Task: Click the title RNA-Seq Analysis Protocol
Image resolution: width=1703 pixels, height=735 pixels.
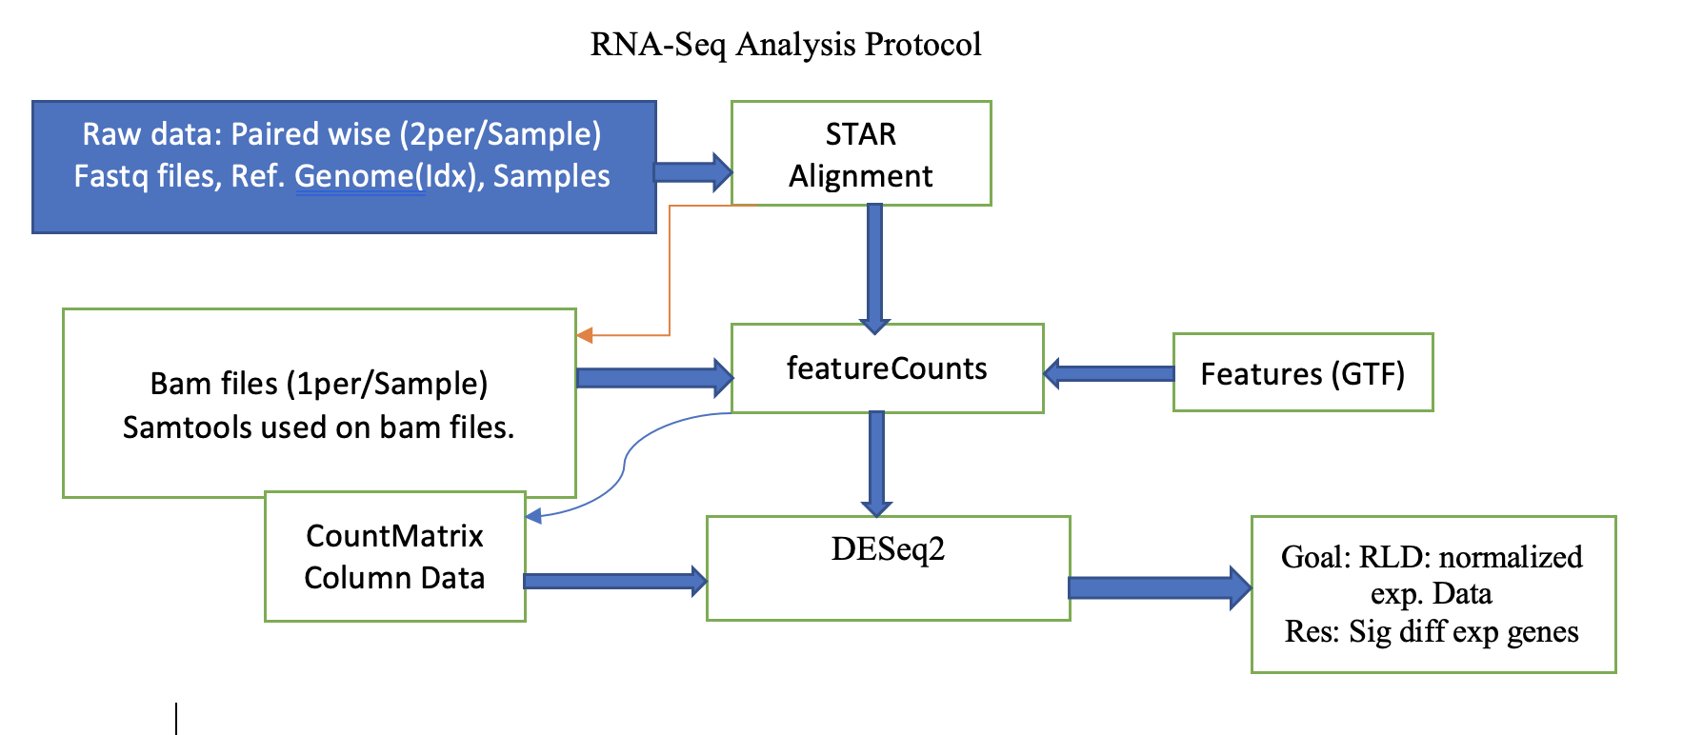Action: tap(786, 45)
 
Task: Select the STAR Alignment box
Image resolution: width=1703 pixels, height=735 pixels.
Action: tap(861, 154)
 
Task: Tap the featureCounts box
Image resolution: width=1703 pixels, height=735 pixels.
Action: tap(887, 368)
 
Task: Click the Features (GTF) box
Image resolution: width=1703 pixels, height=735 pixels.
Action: tap(1302, 373)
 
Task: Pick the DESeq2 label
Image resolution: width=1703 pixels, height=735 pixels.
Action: tap(888, 549)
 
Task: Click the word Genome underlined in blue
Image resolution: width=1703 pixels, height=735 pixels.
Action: tap(359, 177)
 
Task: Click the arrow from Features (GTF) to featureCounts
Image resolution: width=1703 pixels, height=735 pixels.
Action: tap(1109, 373)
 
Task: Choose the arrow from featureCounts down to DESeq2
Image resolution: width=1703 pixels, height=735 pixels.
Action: tap(876, 465)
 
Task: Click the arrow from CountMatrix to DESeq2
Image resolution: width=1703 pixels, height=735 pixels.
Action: tap(615, 581)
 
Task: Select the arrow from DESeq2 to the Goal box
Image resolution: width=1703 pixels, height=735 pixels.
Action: tap(1158, 587)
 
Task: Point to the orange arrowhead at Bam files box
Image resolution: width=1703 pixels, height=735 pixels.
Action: tap(585, 335)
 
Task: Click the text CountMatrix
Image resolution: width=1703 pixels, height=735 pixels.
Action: tap(394, 536)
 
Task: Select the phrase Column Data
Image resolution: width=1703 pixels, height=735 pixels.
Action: tap(394, 578)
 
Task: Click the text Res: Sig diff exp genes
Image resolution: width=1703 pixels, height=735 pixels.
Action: tap(1432, 632)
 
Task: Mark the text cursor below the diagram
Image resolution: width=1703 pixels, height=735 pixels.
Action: tap(176, 718)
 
